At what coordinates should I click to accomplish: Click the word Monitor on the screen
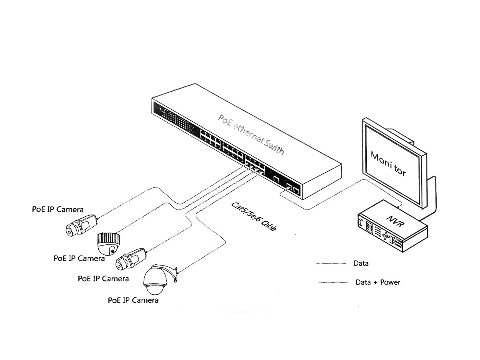click(x=388, y=163)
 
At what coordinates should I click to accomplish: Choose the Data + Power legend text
click(x=378, y=282)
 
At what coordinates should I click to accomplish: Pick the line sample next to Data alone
click(x=331, y=263)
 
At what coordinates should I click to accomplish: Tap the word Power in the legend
click(x=390, y=282)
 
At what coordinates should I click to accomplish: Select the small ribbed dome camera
click(x=108, y=242)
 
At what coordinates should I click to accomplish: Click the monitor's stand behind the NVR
click(x=430, y=200)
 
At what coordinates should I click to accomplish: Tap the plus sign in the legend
click(x=374, y=282)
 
